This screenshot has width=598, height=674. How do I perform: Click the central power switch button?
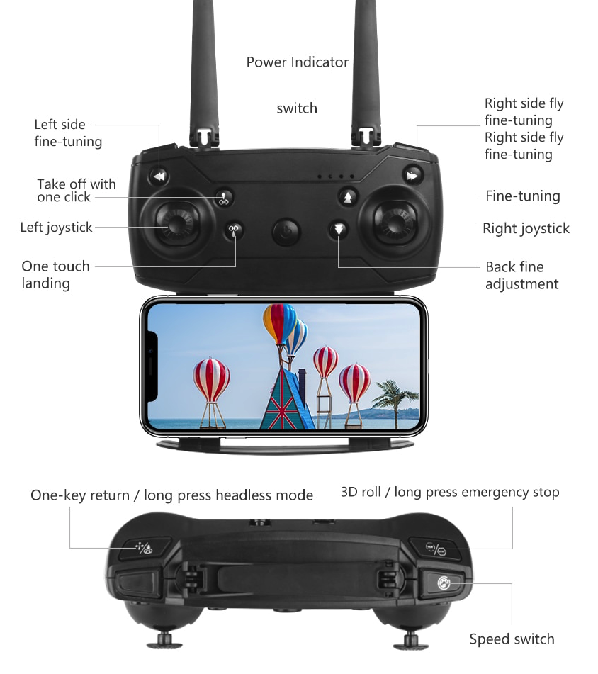(x=286, y=232)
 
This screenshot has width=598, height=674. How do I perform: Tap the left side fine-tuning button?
(x=159, y=176)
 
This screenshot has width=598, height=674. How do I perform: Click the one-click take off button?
(x=224, y=198)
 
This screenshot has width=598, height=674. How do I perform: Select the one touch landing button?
(x=234, y=230)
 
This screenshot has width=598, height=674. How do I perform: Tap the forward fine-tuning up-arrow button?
(x=348, y=198)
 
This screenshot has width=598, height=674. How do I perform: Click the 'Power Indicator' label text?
(x=298, y=62)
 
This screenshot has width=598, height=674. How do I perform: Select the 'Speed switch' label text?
(x=512, y=639)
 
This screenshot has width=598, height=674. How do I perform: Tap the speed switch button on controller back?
(x=443, y=583)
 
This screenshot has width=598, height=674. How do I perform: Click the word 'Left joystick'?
(x=56, y=228)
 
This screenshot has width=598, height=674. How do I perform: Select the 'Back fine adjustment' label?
(x=521, y=276)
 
